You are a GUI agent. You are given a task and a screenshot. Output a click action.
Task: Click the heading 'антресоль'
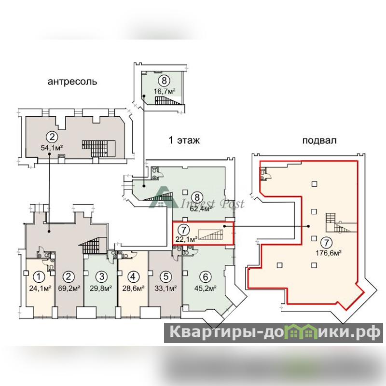tap(72, 82)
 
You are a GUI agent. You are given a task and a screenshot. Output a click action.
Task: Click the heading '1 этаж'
tap(184, 140)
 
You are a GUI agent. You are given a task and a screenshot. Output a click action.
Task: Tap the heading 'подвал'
tap(319, 140)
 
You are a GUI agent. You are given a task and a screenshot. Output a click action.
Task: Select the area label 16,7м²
tap(165, 90)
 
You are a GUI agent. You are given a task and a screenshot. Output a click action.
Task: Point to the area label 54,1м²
tap(53, 148)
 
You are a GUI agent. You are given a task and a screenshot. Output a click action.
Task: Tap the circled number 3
tap(101, 277)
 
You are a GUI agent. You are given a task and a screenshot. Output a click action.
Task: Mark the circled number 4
tap(133, 277)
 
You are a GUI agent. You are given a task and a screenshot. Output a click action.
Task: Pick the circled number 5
tap(165, 277)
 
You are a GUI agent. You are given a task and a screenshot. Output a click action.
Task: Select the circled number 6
tap(206, 277)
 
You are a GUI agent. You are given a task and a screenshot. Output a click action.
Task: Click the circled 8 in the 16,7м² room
tap(164, 81)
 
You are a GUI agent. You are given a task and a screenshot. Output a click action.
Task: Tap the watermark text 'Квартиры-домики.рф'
tap(273, 333)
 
